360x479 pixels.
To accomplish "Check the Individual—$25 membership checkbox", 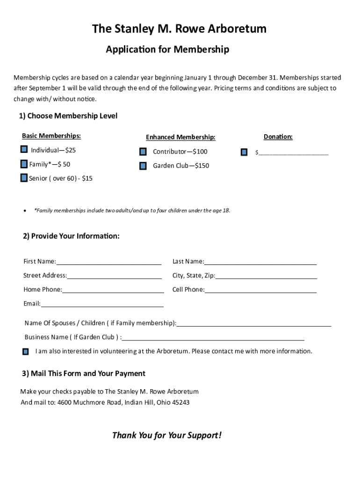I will pos(24,150).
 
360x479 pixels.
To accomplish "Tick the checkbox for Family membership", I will pos(24,164).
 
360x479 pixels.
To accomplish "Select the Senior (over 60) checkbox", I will pos(24,178).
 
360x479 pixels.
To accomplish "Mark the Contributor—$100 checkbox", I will pos(143,152).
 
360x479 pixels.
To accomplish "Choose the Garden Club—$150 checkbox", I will pos(143,166).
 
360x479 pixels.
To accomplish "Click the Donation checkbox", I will pos(244,152).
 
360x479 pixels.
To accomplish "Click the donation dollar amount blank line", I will pos(293,153).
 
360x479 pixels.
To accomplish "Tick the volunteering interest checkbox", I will pos(26,351).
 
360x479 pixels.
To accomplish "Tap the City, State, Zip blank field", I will pos(266,276).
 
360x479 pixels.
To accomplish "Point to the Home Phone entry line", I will pos(113,290).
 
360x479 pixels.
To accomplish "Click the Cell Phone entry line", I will pos(260,290).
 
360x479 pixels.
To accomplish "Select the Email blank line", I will pos(102,305).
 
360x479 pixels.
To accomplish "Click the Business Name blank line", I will pos(213,338).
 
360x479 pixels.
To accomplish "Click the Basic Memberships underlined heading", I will pos(51,136).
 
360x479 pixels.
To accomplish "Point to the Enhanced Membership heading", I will pos(180,137).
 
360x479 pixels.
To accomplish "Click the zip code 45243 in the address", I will pos(180,402).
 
